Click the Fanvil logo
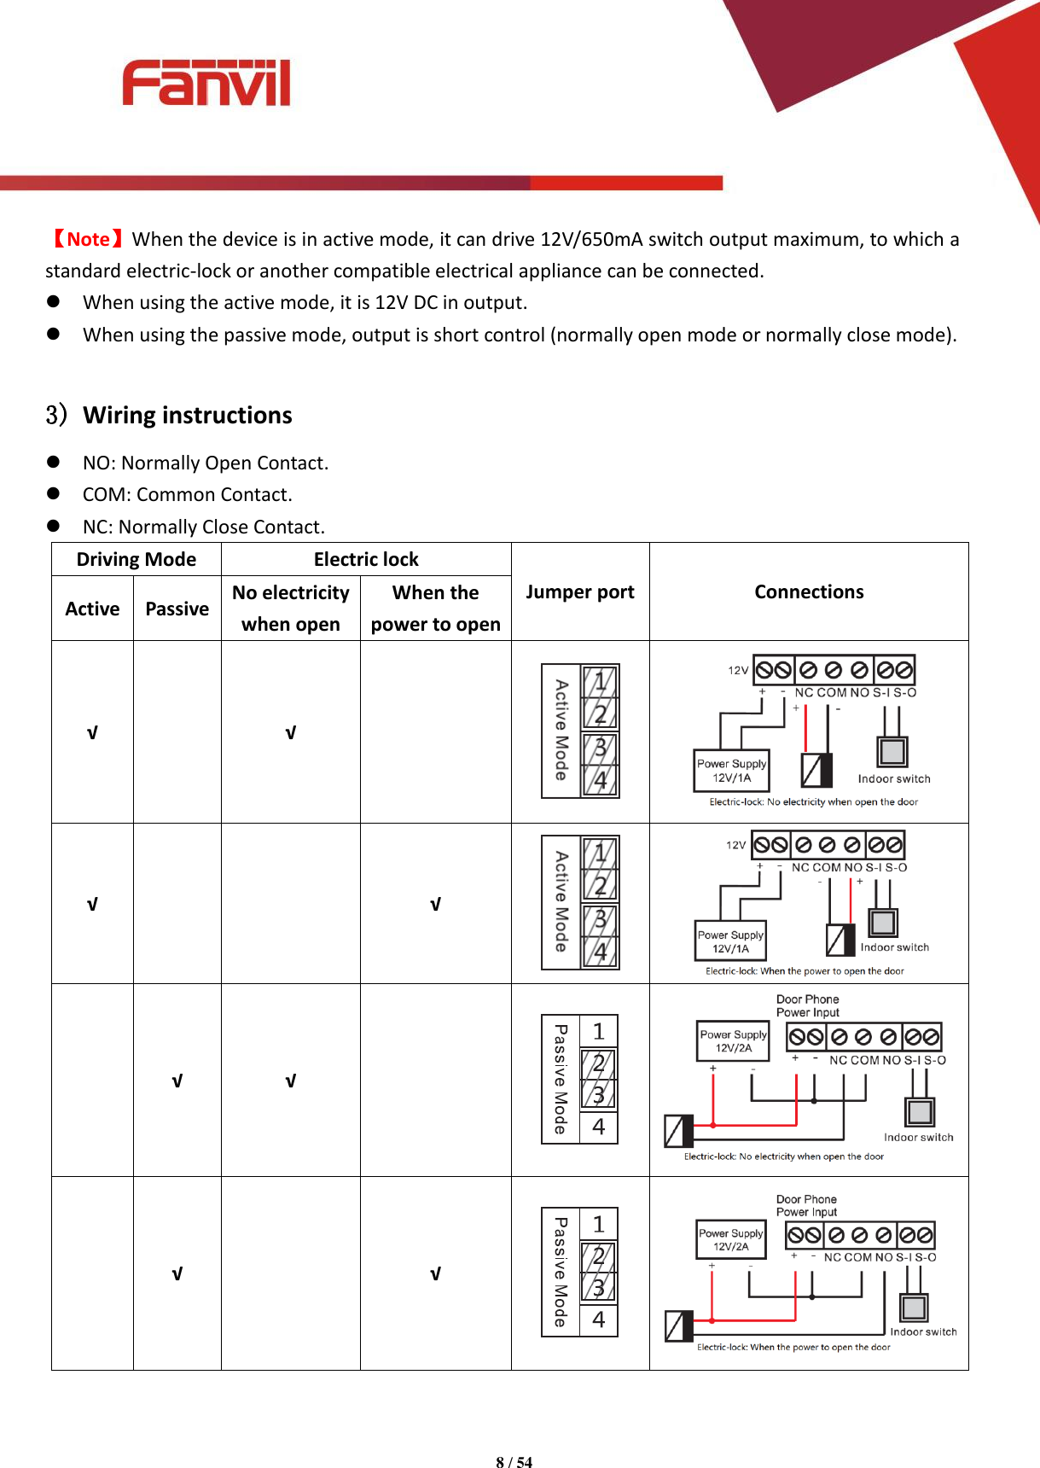[206, 84]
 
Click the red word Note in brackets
[88, 239]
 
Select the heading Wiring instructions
[187, 416]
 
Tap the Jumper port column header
[579, 591]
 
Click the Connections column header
[808, 591]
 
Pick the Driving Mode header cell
[137, 560]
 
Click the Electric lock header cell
[366, 560]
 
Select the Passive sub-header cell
[177, 609]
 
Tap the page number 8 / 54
[514, 1462]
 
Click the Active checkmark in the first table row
[92, 733]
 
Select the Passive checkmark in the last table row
[177, 1274]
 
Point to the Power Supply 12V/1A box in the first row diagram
[731, 770]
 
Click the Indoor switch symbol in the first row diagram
[892, 751]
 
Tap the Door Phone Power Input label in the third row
[807, 1005]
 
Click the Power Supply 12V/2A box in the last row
[730, 1239]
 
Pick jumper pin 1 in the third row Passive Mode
[598, 1031]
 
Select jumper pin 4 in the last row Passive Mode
[598, 1319]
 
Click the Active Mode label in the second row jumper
[561, 901]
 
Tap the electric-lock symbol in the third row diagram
[678, 1131]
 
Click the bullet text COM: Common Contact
[187, 495]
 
